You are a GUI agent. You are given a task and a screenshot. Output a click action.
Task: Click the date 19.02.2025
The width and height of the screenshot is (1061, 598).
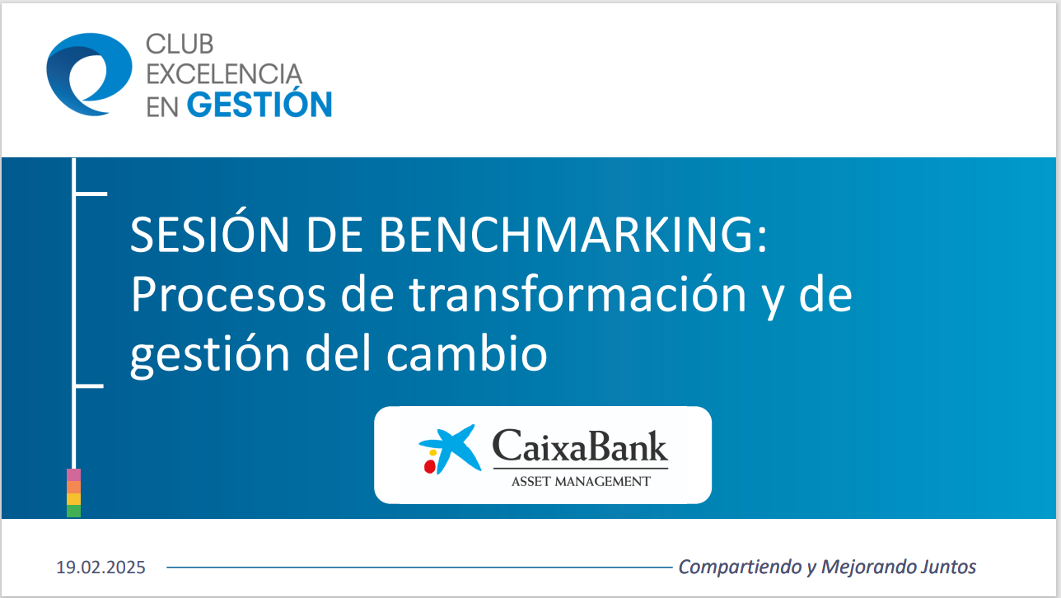pos(100,568)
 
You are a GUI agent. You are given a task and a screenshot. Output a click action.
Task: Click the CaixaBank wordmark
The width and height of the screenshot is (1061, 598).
pos(579,447)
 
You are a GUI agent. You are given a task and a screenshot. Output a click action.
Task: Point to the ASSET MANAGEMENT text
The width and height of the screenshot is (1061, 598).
pos(580,481)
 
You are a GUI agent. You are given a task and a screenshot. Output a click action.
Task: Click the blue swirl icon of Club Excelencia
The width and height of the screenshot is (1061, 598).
pos(88,74)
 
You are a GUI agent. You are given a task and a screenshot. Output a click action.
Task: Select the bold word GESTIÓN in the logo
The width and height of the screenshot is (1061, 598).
pos(259,105)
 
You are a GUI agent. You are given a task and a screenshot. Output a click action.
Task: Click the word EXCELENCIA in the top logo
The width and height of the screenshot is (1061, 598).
pos(224,74)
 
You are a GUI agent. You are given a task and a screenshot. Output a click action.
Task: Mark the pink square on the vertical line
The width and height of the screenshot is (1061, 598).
pos(73,474)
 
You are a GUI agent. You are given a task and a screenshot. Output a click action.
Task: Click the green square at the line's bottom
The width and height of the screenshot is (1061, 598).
pos(73,511)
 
